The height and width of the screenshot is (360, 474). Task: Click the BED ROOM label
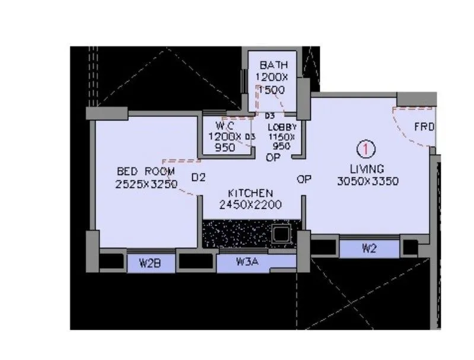point(146,171)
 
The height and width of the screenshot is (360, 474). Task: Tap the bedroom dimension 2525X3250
point(146,184)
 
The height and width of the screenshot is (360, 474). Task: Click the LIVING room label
point(367,168)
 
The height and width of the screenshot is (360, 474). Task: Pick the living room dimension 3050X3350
point(367,181)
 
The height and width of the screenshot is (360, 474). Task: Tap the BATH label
point(272,65)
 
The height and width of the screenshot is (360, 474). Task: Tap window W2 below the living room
point(369,249)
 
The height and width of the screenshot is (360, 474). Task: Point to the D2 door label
point(198,177)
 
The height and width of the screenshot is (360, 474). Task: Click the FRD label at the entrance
point(424,127)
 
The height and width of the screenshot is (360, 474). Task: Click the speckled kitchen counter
point(237,234)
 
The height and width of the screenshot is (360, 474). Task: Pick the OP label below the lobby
point(273,158)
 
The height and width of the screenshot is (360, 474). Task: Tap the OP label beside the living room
point(304,179)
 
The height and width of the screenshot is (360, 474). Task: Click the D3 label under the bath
point(270,116)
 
